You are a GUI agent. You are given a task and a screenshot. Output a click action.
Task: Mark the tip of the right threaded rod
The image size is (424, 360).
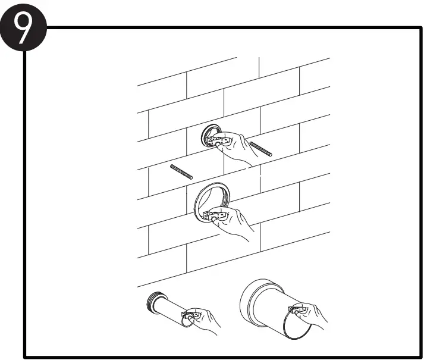(x=272, y=155)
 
